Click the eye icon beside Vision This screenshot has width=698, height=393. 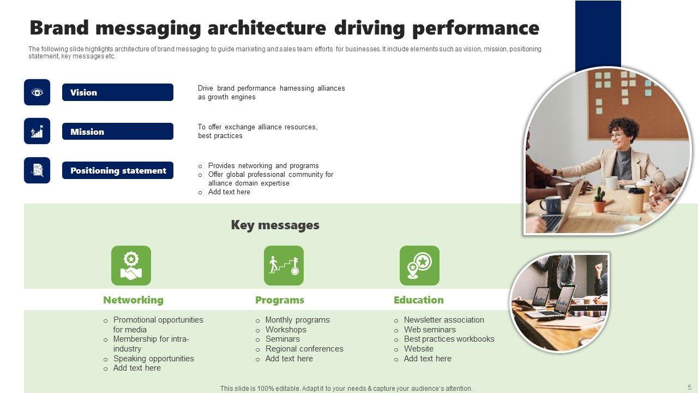[37, 92]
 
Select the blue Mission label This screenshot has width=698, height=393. [117, 132]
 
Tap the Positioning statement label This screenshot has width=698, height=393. [117, 170]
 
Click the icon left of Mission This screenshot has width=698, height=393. [37, 131]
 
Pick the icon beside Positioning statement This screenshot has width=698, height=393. [37, 170]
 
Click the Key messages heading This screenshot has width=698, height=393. [275, 225]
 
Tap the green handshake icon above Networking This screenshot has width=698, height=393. [131, 265]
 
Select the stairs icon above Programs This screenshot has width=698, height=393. [284, 265]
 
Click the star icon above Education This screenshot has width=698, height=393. [419, 265]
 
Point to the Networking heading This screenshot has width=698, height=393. [133, 300]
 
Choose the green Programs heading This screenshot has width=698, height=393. [280, 300]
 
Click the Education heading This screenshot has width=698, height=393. [419, 300]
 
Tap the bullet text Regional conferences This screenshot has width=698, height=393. [304, 349]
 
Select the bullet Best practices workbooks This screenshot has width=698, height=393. [449, 339]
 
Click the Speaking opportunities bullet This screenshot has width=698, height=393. [153, 359]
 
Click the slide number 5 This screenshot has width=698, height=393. [689, 387]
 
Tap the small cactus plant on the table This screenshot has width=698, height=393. [599, 198]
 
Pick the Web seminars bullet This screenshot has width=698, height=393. [429, 330]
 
